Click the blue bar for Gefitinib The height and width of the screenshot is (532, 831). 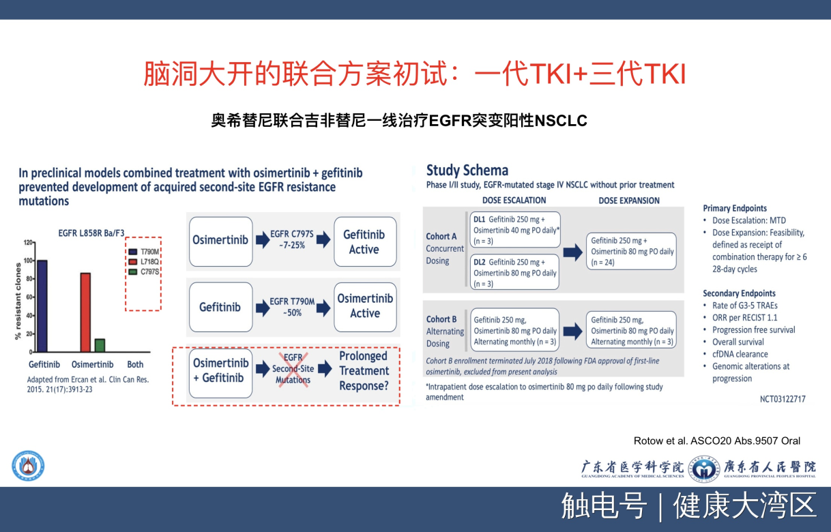point(42,306)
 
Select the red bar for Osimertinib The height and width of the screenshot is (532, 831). point(85,312)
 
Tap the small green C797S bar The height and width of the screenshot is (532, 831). point(100,345)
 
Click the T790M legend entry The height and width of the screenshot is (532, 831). point(144,252)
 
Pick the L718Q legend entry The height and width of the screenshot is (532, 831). point(144,262)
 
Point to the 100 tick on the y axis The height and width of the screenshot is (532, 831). point(28,261)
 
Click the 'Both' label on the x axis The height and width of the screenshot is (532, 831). point(135,365)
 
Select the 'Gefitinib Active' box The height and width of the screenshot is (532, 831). point(365,242)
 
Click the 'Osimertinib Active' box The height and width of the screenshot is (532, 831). point(365,307)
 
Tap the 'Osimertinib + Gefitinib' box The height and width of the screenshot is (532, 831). point(221,372)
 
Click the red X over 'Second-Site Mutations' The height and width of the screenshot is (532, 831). point(293,370)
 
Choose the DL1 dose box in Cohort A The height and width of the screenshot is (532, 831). point(515,230)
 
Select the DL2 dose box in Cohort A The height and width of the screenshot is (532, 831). point(514,272)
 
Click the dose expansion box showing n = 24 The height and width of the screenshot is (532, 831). point(631,251)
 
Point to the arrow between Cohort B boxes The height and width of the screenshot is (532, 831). point(573,331)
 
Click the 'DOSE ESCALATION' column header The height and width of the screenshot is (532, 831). point(514,201)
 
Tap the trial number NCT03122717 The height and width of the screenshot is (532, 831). point(783,399)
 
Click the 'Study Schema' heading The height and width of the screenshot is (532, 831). point(467,171)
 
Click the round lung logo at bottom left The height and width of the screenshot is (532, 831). point(28,466)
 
